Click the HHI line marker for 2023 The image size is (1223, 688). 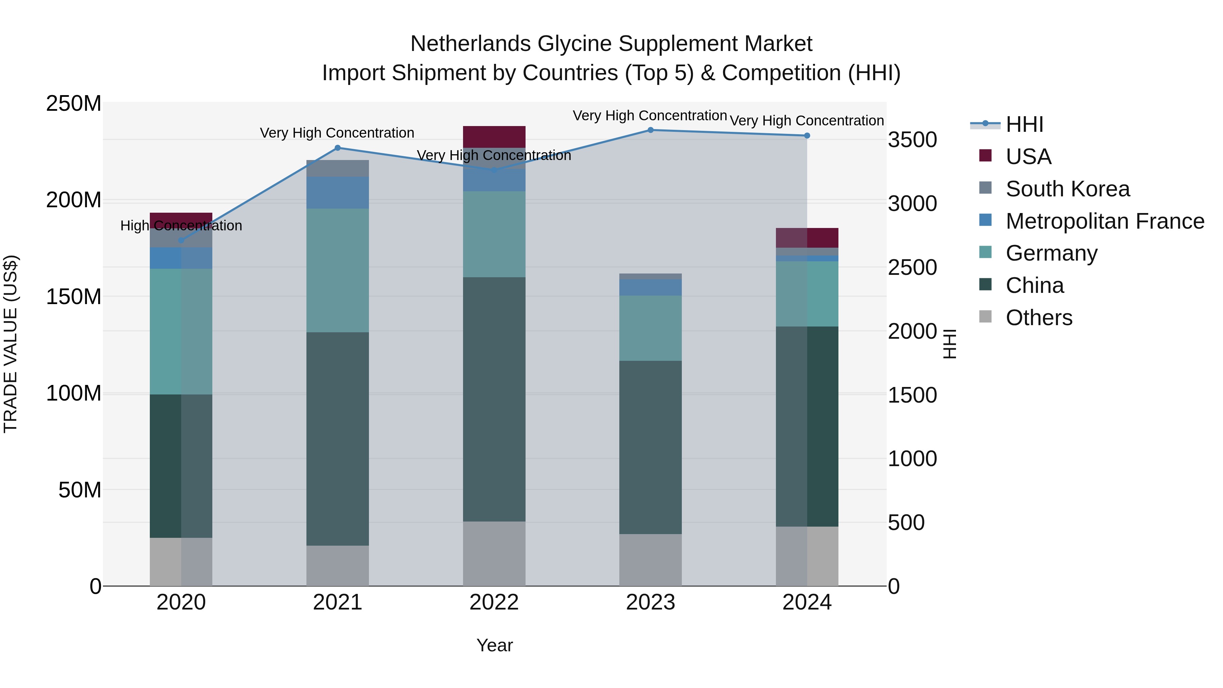tap(651, 130)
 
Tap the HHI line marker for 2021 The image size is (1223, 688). tap(338, 148)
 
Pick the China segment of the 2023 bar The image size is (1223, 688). tap(651, 447)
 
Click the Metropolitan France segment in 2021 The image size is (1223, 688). tap(338, 193)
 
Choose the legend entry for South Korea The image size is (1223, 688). tap(1067, 189)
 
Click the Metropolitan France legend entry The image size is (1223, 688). tap(1104, 221)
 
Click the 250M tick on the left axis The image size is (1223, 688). tap(74, 104)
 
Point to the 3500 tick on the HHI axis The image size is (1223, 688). tap(912, 140)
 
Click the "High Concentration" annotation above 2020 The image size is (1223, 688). tap(181, 226)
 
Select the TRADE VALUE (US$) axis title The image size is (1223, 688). tap(11, 344)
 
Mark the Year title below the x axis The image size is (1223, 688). tap(494, 645)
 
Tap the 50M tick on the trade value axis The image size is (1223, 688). tap(80, 490)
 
